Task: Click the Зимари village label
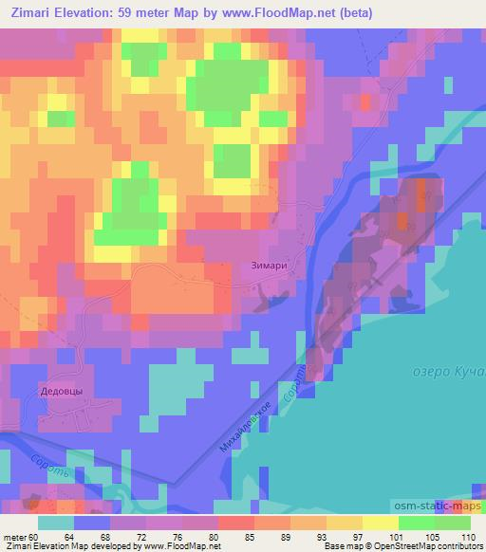coord(270,267)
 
